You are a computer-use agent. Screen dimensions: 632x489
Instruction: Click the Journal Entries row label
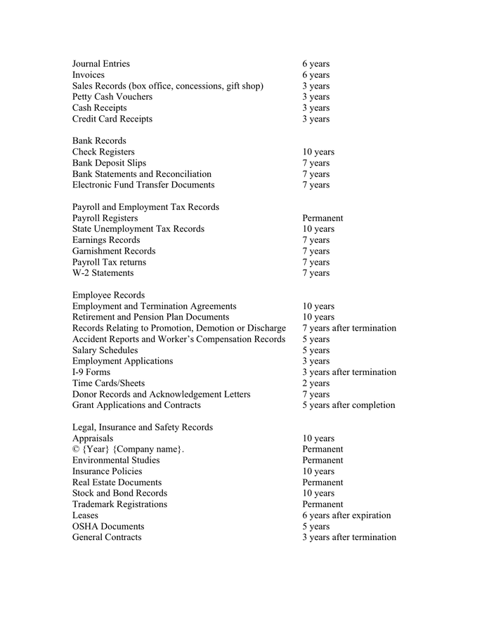100,64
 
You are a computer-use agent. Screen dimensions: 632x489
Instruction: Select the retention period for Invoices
315,75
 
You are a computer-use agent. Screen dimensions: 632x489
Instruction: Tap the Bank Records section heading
99,141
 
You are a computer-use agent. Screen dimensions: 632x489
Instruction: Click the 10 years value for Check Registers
318,152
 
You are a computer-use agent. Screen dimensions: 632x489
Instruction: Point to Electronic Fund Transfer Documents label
143,185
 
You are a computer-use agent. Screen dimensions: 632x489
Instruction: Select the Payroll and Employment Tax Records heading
145,207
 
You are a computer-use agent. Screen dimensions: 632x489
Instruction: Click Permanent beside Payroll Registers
322,218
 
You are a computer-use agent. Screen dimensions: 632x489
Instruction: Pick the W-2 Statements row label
103,273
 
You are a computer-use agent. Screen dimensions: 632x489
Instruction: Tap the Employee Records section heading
108,296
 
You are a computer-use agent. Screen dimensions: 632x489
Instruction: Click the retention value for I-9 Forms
349,372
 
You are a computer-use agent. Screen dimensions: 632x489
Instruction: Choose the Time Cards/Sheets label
108,383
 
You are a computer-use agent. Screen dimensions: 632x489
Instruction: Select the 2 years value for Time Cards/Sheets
315,383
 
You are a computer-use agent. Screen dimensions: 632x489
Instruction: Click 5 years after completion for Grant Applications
348,405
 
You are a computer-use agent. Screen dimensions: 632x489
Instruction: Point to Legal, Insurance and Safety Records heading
143,428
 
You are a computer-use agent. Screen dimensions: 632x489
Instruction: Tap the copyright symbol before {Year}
76,449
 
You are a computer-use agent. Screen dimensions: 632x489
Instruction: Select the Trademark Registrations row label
119,504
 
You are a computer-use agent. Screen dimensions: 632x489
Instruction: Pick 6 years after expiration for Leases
346,515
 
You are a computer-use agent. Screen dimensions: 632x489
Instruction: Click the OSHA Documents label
108,527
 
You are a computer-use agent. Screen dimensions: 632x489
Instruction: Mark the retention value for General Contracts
349,538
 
